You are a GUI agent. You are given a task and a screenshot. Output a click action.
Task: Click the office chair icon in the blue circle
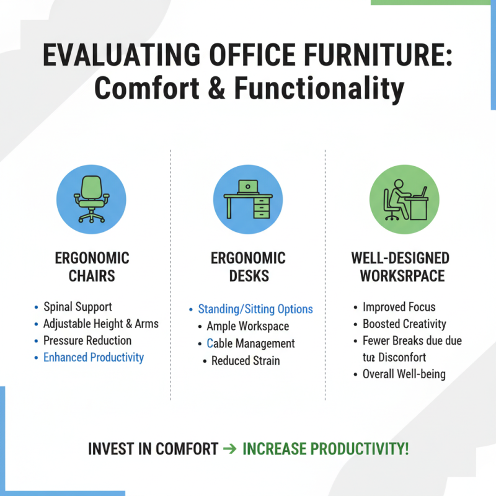[92, 199]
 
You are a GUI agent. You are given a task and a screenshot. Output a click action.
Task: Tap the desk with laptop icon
[248, 199]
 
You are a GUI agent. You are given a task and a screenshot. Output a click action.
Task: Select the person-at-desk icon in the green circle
[404, 199]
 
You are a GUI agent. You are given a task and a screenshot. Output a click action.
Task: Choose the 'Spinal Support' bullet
[77, 307]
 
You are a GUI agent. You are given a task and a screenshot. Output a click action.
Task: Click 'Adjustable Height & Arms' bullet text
[100, 324]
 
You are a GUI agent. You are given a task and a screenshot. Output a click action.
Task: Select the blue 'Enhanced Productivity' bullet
[93, 357]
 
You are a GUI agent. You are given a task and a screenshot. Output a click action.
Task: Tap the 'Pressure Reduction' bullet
[87, 340]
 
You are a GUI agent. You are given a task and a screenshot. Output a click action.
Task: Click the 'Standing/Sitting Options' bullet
[255, 309]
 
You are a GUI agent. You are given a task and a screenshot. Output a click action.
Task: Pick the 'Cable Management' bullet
[250, 343]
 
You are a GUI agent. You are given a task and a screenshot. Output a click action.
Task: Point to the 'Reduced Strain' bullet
[246, 361]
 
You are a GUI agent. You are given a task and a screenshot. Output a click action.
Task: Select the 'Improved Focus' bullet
[399, 307]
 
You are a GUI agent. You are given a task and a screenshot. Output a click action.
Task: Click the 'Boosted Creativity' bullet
[404, 324]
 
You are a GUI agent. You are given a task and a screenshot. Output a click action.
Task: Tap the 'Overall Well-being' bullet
[404, 374]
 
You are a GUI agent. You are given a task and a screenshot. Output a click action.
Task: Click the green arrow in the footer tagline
[229, 449]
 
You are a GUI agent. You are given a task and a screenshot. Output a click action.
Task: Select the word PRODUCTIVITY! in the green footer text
[362, 449]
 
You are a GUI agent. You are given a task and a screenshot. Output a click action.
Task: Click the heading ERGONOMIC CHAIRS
[92, 267]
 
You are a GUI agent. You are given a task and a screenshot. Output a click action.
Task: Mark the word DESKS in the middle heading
[248, 275]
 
